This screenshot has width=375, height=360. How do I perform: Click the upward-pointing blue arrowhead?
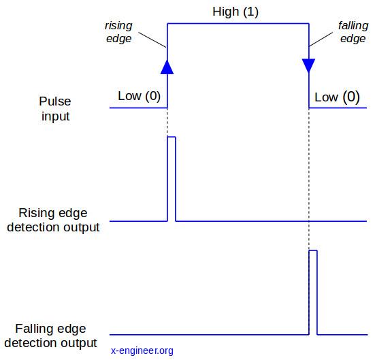[x=167, y=67]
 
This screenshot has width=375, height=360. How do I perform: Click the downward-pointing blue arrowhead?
[x=308, y=65]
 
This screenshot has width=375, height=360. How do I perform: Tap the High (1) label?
[x=235, y=12]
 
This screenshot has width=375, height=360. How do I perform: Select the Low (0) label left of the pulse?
[x=140, y=96]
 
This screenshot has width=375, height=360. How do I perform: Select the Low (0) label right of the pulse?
[x=337, y=97]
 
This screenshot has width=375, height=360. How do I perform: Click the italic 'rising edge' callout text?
[x=118, y=32]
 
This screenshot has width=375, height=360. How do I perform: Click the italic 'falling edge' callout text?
[x=353, y=32]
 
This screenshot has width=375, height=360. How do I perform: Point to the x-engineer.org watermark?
[x=142, y=350]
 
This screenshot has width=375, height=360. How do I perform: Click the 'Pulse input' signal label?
[x=55, y=109]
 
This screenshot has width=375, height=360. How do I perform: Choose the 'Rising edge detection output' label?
[x=53, y=220]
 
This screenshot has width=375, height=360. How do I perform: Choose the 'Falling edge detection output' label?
[x=50, y=336]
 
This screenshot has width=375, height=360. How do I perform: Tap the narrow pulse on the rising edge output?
[x=172, y=179]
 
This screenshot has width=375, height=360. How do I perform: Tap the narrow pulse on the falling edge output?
[x=313, y=293]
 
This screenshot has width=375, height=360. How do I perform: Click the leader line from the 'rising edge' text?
[x=152, y=39]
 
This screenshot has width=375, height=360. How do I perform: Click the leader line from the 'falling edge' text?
[x=321, y=39]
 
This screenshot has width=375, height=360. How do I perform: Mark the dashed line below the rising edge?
[x=167, y=122]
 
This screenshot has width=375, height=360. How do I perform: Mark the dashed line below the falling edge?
[x=309, y=179]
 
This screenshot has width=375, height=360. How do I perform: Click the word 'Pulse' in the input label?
[x=55, y=101]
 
